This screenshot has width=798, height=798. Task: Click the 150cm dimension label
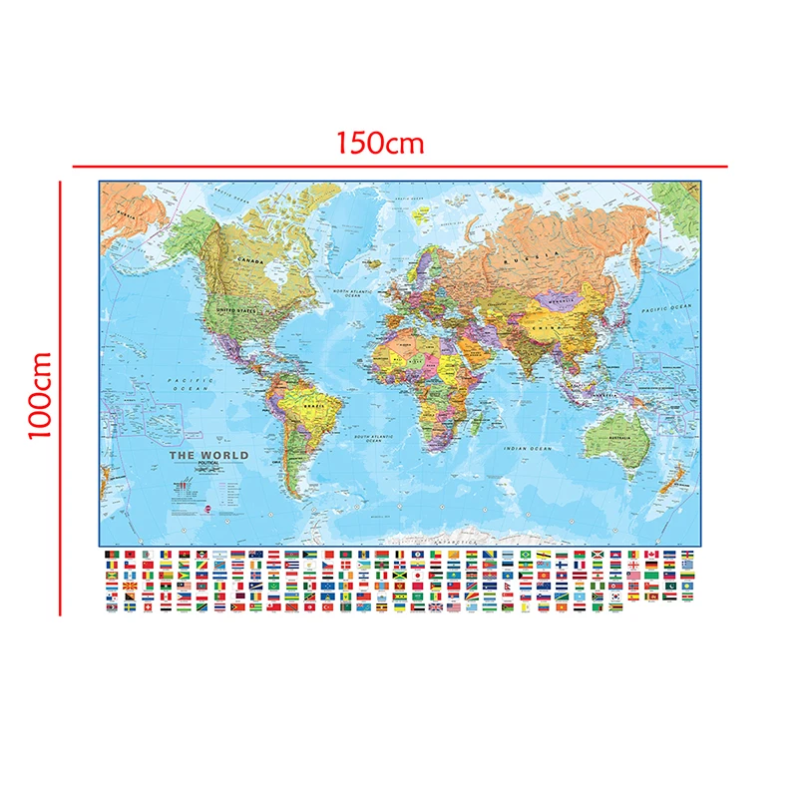pyautogui.click(x=380, y=143)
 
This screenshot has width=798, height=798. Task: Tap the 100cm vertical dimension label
pyautogui.click(x=40, y=396)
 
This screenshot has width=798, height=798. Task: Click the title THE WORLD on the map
pyautogui.click(x=208, y=455)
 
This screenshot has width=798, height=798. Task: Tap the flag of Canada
pyautogui.click(x=652, y=555)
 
